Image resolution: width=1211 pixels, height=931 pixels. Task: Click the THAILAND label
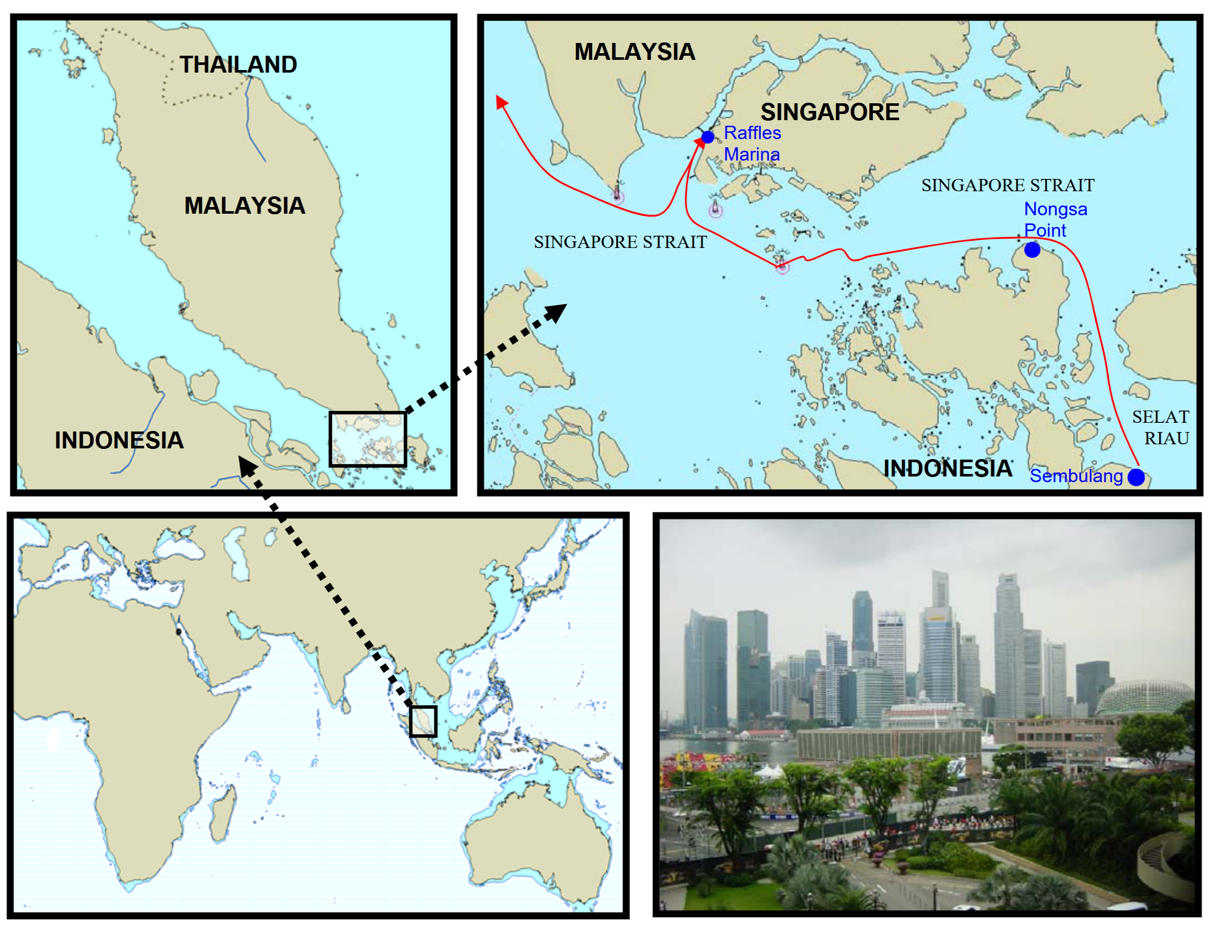pyautogui.click(x=238, y=65)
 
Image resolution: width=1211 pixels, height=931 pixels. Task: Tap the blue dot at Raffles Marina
pyautogui.click(x=707, y=137)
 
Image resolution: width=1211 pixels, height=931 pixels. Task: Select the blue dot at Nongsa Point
pyautogui.click(x=1032, y=250)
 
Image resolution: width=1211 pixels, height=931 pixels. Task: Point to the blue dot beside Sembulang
pyautogui.click(x=1136, y=477)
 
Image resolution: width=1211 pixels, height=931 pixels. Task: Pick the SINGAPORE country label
pyautogui.click(x=829, y=112)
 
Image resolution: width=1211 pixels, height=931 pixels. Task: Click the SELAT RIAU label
pyautogui.click(x=1160, y=427)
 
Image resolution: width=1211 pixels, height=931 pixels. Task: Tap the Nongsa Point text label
pyautogui.click(x=1055, y=219)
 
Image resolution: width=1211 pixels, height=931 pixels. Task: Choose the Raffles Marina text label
pyautogui.click(x=752, y=144)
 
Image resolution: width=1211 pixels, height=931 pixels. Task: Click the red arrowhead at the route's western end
pyautogui.click(x=501, y=101)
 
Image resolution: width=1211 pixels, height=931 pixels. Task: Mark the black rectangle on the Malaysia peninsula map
pyautogui.click(x=368, y=439)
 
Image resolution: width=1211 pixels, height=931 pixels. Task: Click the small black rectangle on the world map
pyautogui.click(x=423, y=721)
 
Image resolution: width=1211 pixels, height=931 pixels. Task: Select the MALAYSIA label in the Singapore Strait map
pyautogui.click(x=635, y=52)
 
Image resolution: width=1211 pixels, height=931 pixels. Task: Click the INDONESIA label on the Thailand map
pyautogui.click(x=119, y=441)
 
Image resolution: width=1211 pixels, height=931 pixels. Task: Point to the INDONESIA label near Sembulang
pyautogui.click(x=947, y=469)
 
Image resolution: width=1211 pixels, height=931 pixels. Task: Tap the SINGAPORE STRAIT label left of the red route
pyautogui.click(x=620, y=242)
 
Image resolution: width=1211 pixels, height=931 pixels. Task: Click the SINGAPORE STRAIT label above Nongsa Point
pyautogui.click(x=1007, y=185)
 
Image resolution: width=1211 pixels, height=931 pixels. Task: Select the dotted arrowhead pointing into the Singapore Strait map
pyautogui.click(x=557, y=311)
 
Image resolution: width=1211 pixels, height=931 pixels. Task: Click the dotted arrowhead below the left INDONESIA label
pyautogui.click(x=246, y=465)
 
